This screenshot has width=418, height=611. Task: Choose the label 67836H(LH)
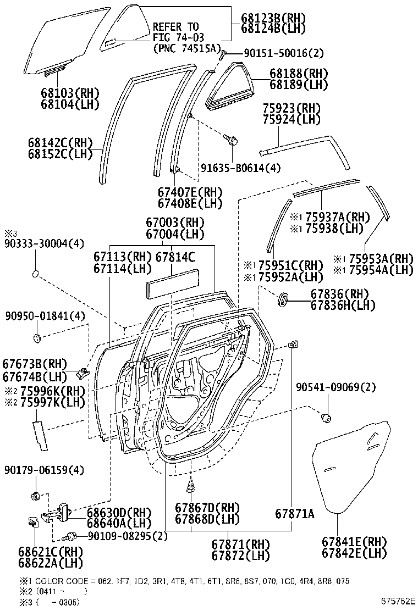(x=343, y=305)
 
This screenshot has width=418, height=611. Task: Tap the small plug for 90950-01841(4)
(x=37, y=336)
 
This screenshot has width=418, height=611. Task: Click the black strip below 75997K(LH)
(x=40, y=435)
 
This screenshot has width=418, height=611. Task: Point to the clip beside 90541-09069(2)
(x=326, y=418)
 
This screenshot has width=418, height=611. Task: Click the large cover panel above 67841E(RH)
(x=353, y=467)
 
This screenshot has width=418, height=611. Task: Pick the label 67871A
(x=295, y=514)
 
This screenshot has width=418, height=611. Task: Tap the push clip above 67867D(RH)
(x=190, y=485)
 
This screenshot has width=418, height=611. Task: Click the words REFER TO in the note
(x=175, y=26)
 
